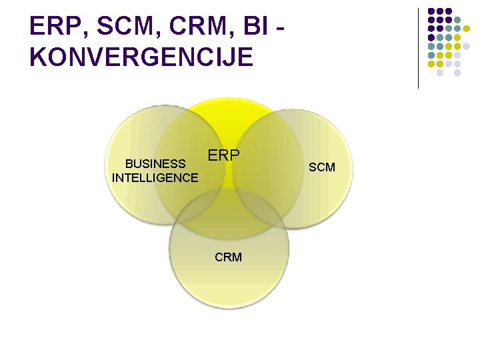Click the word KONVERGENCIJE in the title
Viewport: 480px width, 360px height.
click(141, 57)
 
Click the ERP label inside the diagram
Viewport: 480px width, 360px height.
click(224, 155)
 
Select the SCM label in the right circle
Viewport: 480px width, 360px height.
click(322, 167)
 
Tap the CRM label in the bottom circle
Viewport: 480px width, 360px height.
click(228, 257)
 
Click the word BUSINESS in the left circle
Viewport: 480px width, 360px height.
click(155, 163)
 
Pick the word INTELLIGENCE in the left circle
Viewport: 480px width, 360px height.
click(155, 178)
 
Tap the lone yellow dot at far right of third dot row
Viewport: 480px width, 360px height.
click(467, 29)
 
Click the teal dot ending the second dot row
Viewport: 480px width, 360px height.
click(458, 20)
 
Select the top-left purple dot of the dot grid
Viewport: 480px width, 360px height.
click(431, 11)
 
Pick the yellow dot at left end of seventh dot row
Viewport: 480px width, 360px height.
click(431, 64)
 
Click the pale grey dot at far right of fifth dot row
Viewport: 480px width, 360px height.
click(467, 47)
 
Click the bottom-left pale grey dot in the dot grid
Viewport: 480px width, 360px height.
click(440, 73)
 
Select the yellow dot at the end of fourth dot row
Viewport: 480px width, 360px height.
click(458, 37)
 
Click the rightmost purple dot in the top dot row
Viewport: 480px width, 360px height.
click(449, 11)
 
